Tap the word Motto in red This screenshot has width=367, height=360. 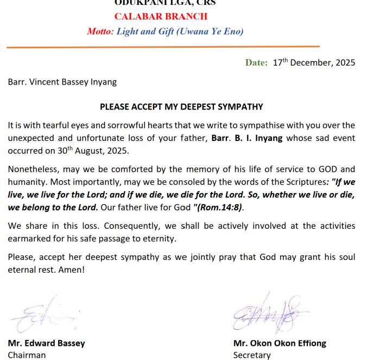coord(100,31)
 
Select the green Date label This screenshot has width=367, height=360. coord(256,63)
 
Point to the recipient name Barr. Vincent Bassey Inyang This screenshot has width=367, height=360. coord(62,82)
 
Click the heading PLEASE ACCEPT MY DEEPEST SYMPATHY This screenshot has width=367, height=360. coord(181,107)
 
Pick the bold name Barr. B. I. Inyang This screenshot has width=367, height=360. coord(247,138)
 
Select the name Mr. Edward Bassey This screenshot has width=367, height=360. coord(46,343)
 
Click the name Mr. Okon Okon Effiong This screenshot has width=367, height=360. coord(280,343)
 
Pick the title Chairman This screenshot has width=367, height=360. coord(27,355)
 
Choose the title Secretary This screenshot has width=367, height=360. coord(251,355)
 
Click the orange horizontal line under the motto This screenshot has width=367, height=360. coord(163,47)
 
